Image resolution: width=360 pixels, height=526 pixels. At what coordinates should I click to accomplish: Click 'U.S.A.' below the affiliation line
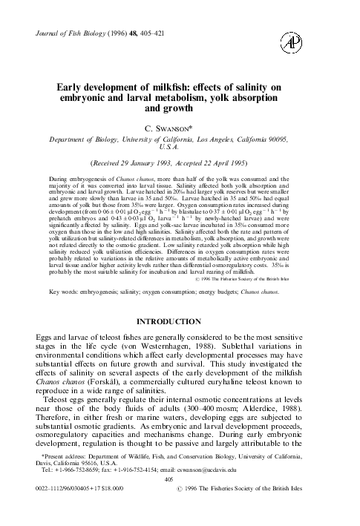[180, 168]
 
